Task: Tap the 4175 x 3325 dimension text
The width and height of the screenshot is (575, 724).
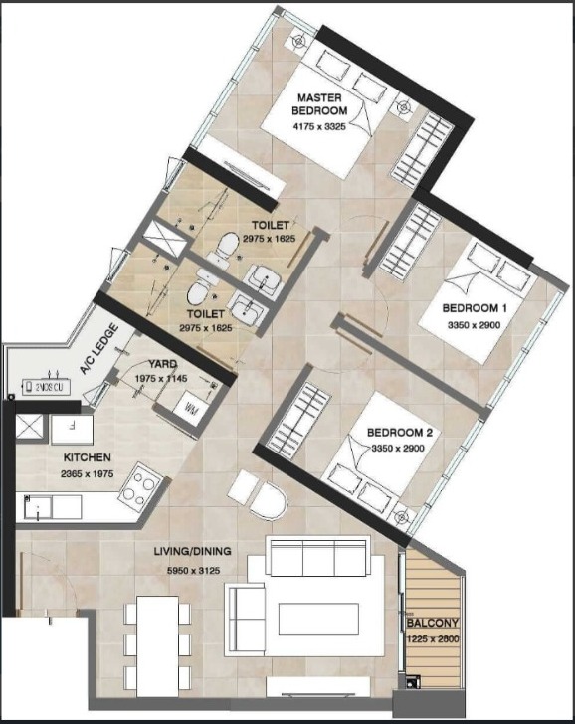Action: pyautogui.click(x=319, y=126)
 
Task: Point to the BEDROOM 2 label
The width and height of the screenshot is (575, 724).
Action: pyautogui.click(x=400, y=433)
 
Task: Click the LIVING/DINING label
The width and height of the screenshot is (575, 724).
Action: pyautogui.click(x=193, y=551)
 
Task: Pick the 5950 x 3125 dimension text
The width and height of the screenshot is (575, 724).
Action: pyautogui.click(x=194, y=571)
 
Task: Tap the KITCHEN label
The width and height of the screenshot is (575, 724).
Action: pyautogui.click(x=88, y=457)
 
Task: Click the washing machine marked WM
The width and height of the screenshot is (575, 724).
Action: pyautogui.click(x=190, y=408)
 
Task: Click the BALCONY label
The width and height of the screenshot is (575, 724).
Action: pyautogui.click(x=433, y=623)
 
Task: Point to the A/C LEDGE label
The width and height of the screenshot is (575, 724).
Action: pyautogui.click(x=98, y=349)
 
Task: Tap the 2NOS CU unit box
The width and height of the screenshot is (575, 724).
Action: pyautogui.click(x=46, y=387)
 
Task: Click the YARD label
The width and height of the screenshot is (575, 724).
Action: pyautogui.click(x=162, y=364)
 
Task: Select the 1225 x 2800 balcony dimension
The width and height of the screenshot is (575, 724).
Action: pyautogui.click(x=433, y=639)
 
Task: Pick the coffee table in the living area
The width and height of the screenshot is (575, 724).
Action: pyautogui.click(x=318, y=619)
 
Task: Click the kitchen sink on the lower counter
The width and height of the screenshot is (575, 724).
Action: pyautogui.click(x=38, y=507)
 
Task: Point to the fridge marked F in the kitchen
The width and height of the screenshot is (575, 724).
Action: pyautogui.click(x=72, y=430)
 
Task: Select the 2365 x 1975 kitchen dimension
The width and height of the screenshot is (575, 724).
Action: pyautogui.click(x=88, y=473)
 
